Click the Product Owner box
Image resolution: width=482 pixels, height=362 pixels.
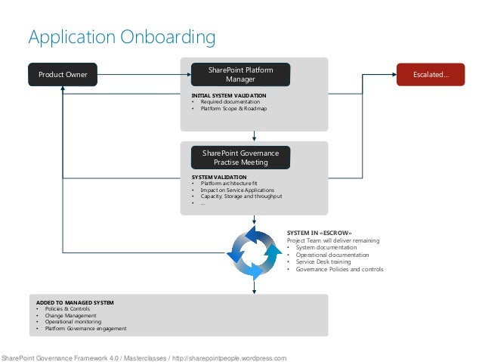click(x=63, y=74)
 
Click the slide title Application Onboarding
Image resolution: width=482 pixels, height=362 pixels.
click(x=122, y=36)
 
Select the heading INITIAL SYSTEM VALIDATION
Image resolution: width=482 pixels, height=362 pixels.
click(x=229, y=97)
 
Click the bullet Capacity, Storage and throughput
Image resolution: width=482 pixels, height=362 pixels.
click(x=240, y=196)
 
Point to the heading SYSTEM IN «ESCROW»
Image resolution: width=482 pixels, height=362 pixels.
click(x=320, y=233)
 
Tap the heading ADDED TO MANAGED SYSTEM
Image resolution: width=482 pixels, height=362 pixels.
click(x=75, y=302)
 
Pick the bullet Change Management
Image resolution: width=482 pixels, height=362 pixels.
click(x=70, y=315)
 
